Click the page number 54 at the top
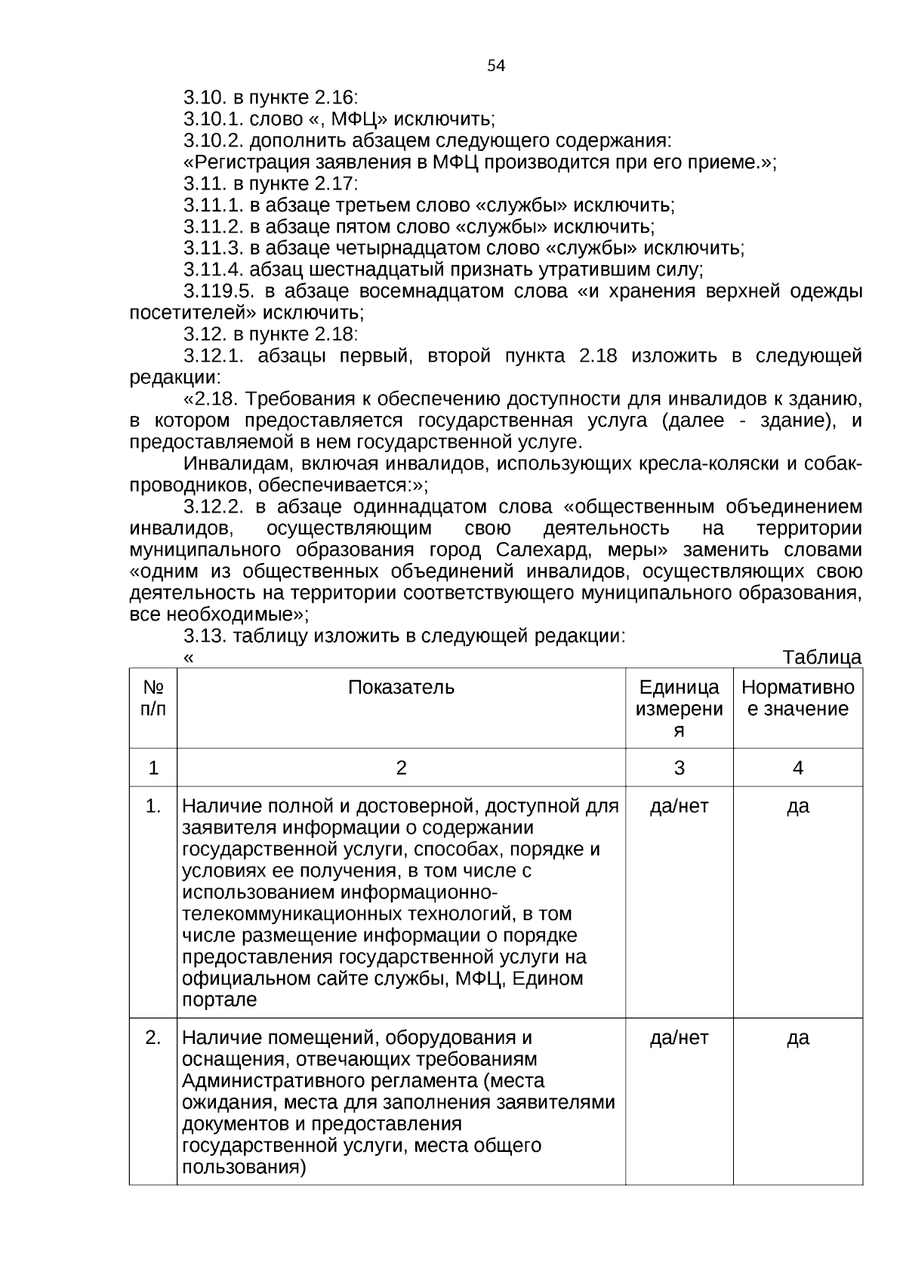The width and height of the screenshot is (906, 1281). pyautogui.click(x=496, y=66)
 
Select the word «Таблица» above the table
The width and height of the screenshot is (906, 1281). pyautogui.click(x=822, y=657)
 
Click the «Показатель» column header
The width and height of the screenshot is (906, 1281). pyautogui.click(x=401, y=688)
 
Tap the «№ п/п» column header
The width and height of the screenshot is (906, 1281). pyautogui.click(x=153, y=698)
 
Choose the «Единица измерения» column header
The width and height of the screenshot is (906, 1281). pyautogui.click(x=679, y=708)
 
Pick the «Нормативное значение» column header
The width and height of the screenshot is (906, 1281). pyautogui.click(x=798, y=698)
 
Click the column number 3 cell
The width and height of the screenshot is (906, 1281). pyautogui.click(x=679, y=768)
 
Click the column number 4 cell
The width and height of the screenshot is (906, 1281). pyautogui.click(x=798, y=768)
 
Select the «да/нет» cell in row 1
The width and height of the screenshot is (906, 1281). pyautogui.click(x=679, y=807)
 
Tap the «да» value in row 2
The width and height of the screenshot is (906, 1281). pyautogui.click(x=798, y=1038)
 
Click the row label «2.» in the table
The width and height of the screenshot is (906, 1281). pyautogui.click(x=153, y=1038)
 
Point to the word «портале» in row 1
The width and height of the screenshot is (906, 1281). pyautogui.click(x=219, y=1001)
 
